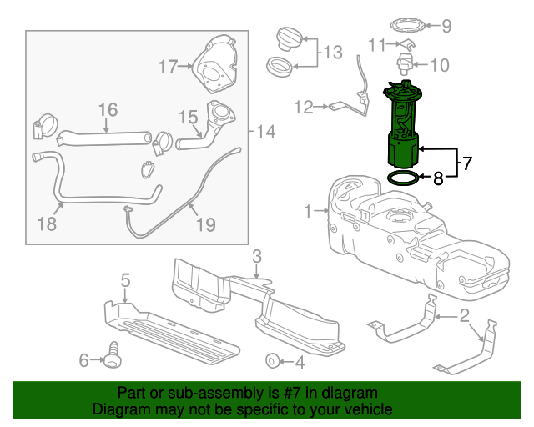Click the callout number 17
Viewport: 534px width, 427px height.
169,65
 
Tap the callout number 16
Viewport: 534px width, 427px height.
108,109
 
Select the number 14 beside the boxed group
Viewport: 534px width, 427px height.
264,131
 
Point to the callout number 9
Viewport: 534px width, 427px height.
446,26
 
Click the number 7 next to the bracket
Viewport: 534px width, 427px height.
466,163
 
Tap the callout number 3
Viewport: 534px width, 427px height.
257,255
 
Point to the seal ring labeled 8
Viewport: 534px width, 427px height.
404,178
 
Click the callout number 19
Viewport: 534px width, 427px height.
205,224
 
